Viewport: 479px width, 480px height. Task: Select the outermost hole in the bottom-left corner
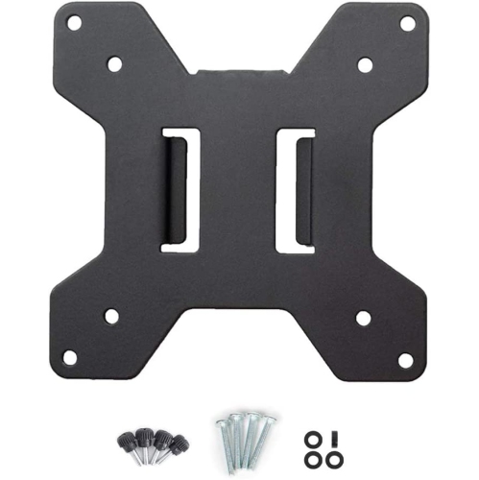(x=70, y=357)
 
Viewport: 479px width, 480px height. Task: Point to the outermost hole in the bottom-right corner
(x=405, y=359)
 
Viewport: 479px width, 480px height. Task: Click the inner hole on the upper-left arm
(x=114, y=65)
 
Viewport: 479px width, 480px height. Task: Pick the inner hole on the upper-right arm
(x=365, y=65)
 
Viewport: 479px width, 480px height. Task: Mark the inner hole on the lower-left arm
(x=111, y=316)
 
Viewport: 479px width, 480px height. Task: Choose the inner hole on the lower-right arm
(x=364, y=317)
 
